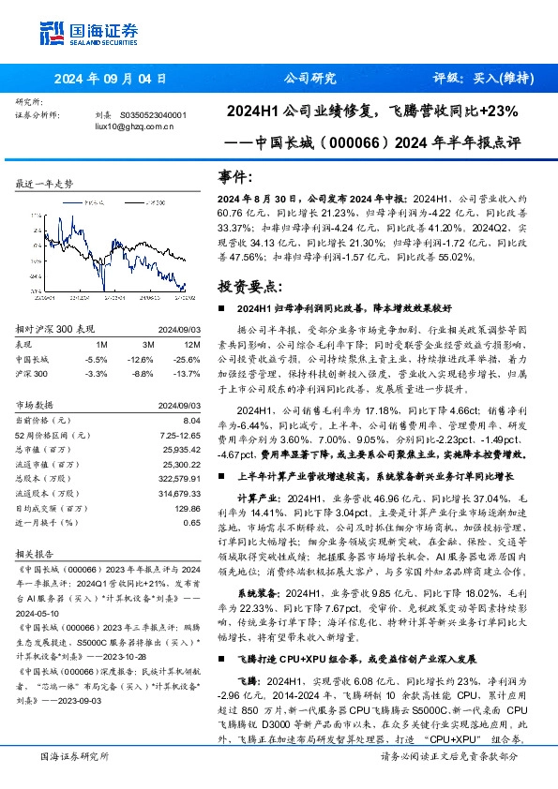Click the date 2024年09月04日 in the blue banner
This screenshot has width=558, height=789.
(x=110, y=79)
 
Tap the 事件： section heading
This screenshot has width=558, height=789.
(x=234, y=177)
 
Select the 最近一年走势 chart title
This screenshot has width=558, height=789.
(x=44, y=186)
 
